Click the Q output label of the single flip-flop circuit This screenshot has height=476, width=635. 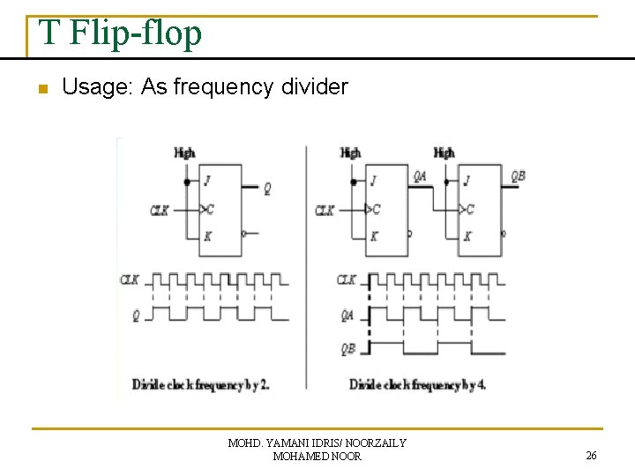pos(268,188)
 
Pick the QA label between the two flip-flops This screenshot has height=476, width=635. pos(421,175)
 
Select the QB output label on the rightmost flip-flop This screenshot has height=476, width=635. pos(519,175)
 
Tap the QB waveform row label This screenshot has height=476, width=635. pos(348,347)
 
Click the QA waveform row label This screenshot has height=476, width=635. pos(348,314)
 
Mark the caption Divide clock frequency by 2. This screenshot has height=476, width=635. pos(201,385)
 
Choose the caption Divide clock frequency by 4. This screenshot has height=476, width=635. pos(418,385)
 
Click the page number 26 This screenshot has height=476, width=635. pos(591,456)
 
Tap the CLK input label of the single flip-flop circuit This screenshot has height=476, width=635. pos(160,211)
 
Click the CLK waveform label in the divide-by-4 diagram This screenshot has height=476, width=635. pos(347,280)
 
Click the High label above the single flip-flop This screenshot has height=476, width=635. pos(185,152)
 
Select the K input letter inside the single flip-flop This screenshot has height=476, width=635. pos(207,235)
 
